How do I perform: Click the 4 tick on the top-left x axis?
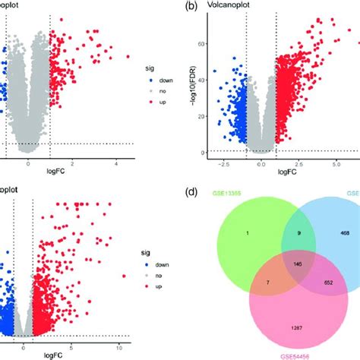pyautogui.click(x=116, y=163)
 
